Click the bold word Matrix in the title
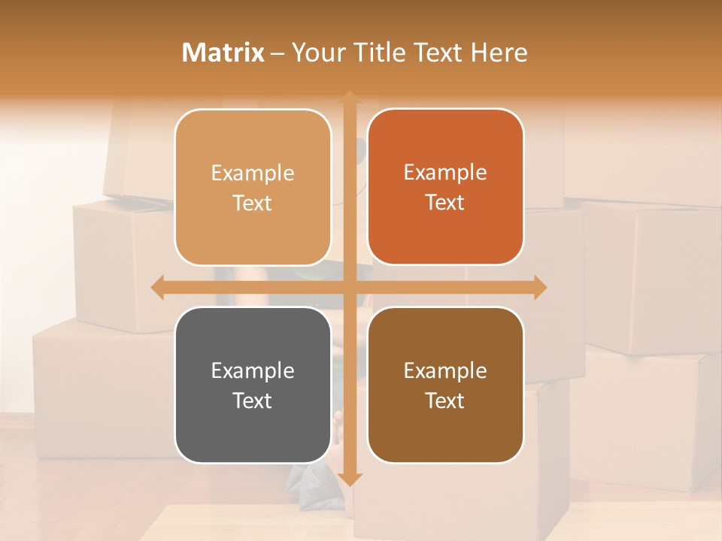click(223, 53)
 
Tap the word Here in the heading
click(499, 53)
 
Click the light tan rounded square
click(253, 187)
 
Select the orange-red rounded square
click(445, 186)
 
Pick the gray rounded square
click(253, 385)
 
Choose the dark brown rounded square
click(445, 385)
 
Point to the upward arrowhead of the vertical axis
click(349, 97)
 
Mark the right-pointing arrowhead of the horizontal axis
click(539, 287)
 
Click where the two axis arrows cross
click(349, 287)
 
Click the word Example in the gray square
click(253, 370)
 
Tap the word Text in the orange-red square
click(445, 203)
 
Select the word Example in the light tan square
click(253, 174)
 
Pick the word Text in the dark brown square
click(445, 400)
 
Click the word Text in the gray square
click(253, 400)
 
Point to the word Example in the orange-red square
click(445, 173)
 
